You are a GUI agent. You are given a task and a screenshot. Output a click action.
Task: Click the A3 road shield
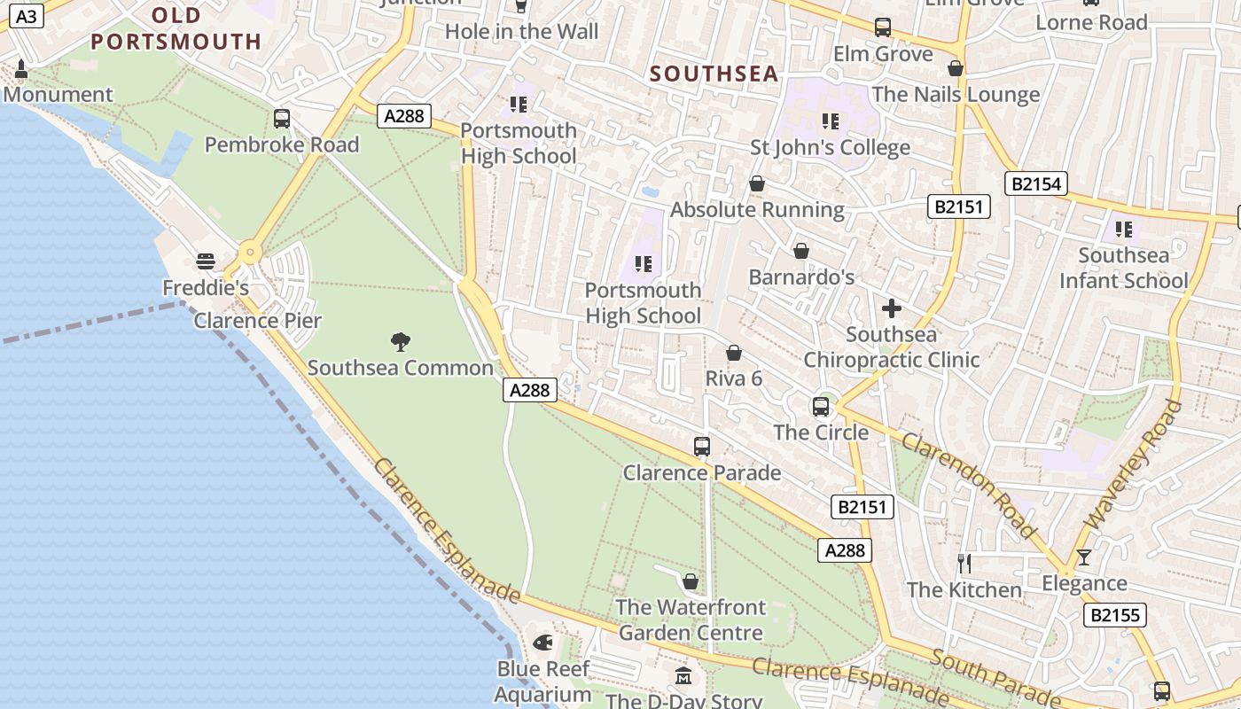tap(27, 16)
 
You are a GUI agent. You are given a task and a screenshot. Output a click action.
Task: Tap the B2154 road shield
tap(1035, 183)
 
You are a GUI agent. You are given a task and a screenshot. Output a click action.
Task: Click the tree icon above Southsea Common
tap(401, 341)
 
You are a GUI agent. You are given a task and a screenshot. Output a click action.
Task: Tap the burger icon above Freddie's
tap(206, 261)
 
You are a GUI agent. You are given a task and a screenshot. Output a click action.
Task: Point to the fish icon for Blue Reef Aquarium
tap(542, 642)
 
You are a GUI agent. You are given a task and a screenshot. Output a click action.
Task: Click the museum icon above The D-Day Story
tap(683, 676)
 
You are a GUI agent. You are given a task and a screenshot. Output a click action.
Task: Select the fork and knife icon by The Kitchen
tap(964, 563)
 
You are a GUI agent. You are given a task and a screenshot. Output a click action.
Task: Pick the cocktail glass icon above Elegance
tap(1083, 557)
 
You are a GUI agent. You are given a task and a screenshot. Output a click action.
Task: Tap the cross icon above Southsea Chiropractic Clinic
tap(891, 308)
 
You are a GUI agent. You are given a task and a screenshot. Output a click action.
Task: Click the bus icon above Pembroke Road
tap(282, 118)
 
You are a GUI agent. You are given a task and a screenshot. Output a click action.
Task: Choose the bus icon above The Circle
tap(821, 407)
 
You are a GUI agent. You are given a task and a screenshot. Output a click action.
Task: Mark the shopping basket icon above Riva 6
tap(733, 353)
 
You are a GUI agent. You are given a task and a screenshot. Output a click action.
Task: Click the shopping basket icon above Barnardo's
tap(800, 251)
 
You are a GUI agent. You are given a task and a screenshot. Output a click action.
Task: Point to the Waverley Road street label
tap(1134, 465)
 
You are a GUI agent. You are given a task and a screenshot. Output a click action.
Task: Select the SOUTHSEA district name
tap(714, 74)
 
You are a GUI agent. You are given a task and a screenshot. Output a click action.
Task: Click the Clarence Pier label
tap(257, 321)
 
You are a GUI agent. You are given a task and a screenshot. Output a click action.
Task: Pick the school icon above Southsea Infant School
tap(1124, 230)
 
